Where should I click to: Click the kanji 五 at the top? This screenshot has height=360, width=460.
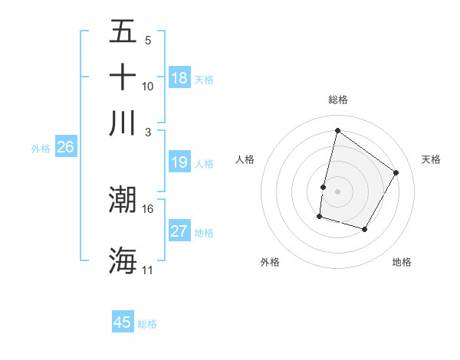(x=123, y=31)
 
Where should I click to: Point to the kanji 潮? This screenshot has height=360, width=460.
(x=123, y=200)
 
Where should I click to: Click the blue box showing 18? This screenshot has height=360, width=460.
(x=179, y=78)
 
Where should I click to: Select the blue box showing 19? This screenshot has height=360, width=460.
(x=179, y=162)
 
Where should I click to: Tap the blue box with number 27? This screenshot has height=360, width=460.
(x=179, y=231)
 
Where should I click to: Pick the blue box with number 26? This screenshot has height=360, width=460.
(x=65, y=148)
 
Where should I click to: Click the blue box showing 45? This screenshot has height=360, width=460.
(x=123, y=322)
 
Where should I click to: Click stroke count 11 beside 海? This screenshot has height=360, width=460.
(x=148, y=270)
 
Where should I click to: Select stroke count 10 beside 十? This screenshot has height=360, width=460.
(x=148, y=86)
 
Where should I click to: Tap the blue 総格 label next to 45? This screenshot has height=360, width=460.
(x=147, y=324)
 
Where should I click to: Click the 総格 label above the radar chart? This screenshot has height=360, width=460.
(x=338, y=100)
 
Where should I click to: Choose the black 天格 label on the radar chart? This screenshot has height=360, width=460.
(x=432, y=159)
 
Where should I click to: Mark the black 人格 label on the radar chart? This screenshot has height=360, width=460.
(x=245, y=159)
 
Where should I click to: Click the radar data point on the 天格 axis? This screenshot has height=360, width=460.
(x=396, y=172)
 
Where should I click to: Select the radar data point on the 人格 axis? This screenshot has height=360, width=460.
(x=324, y=187)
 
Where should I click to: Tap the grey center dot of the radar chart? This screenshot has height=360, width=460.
(x=338, y=191)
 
